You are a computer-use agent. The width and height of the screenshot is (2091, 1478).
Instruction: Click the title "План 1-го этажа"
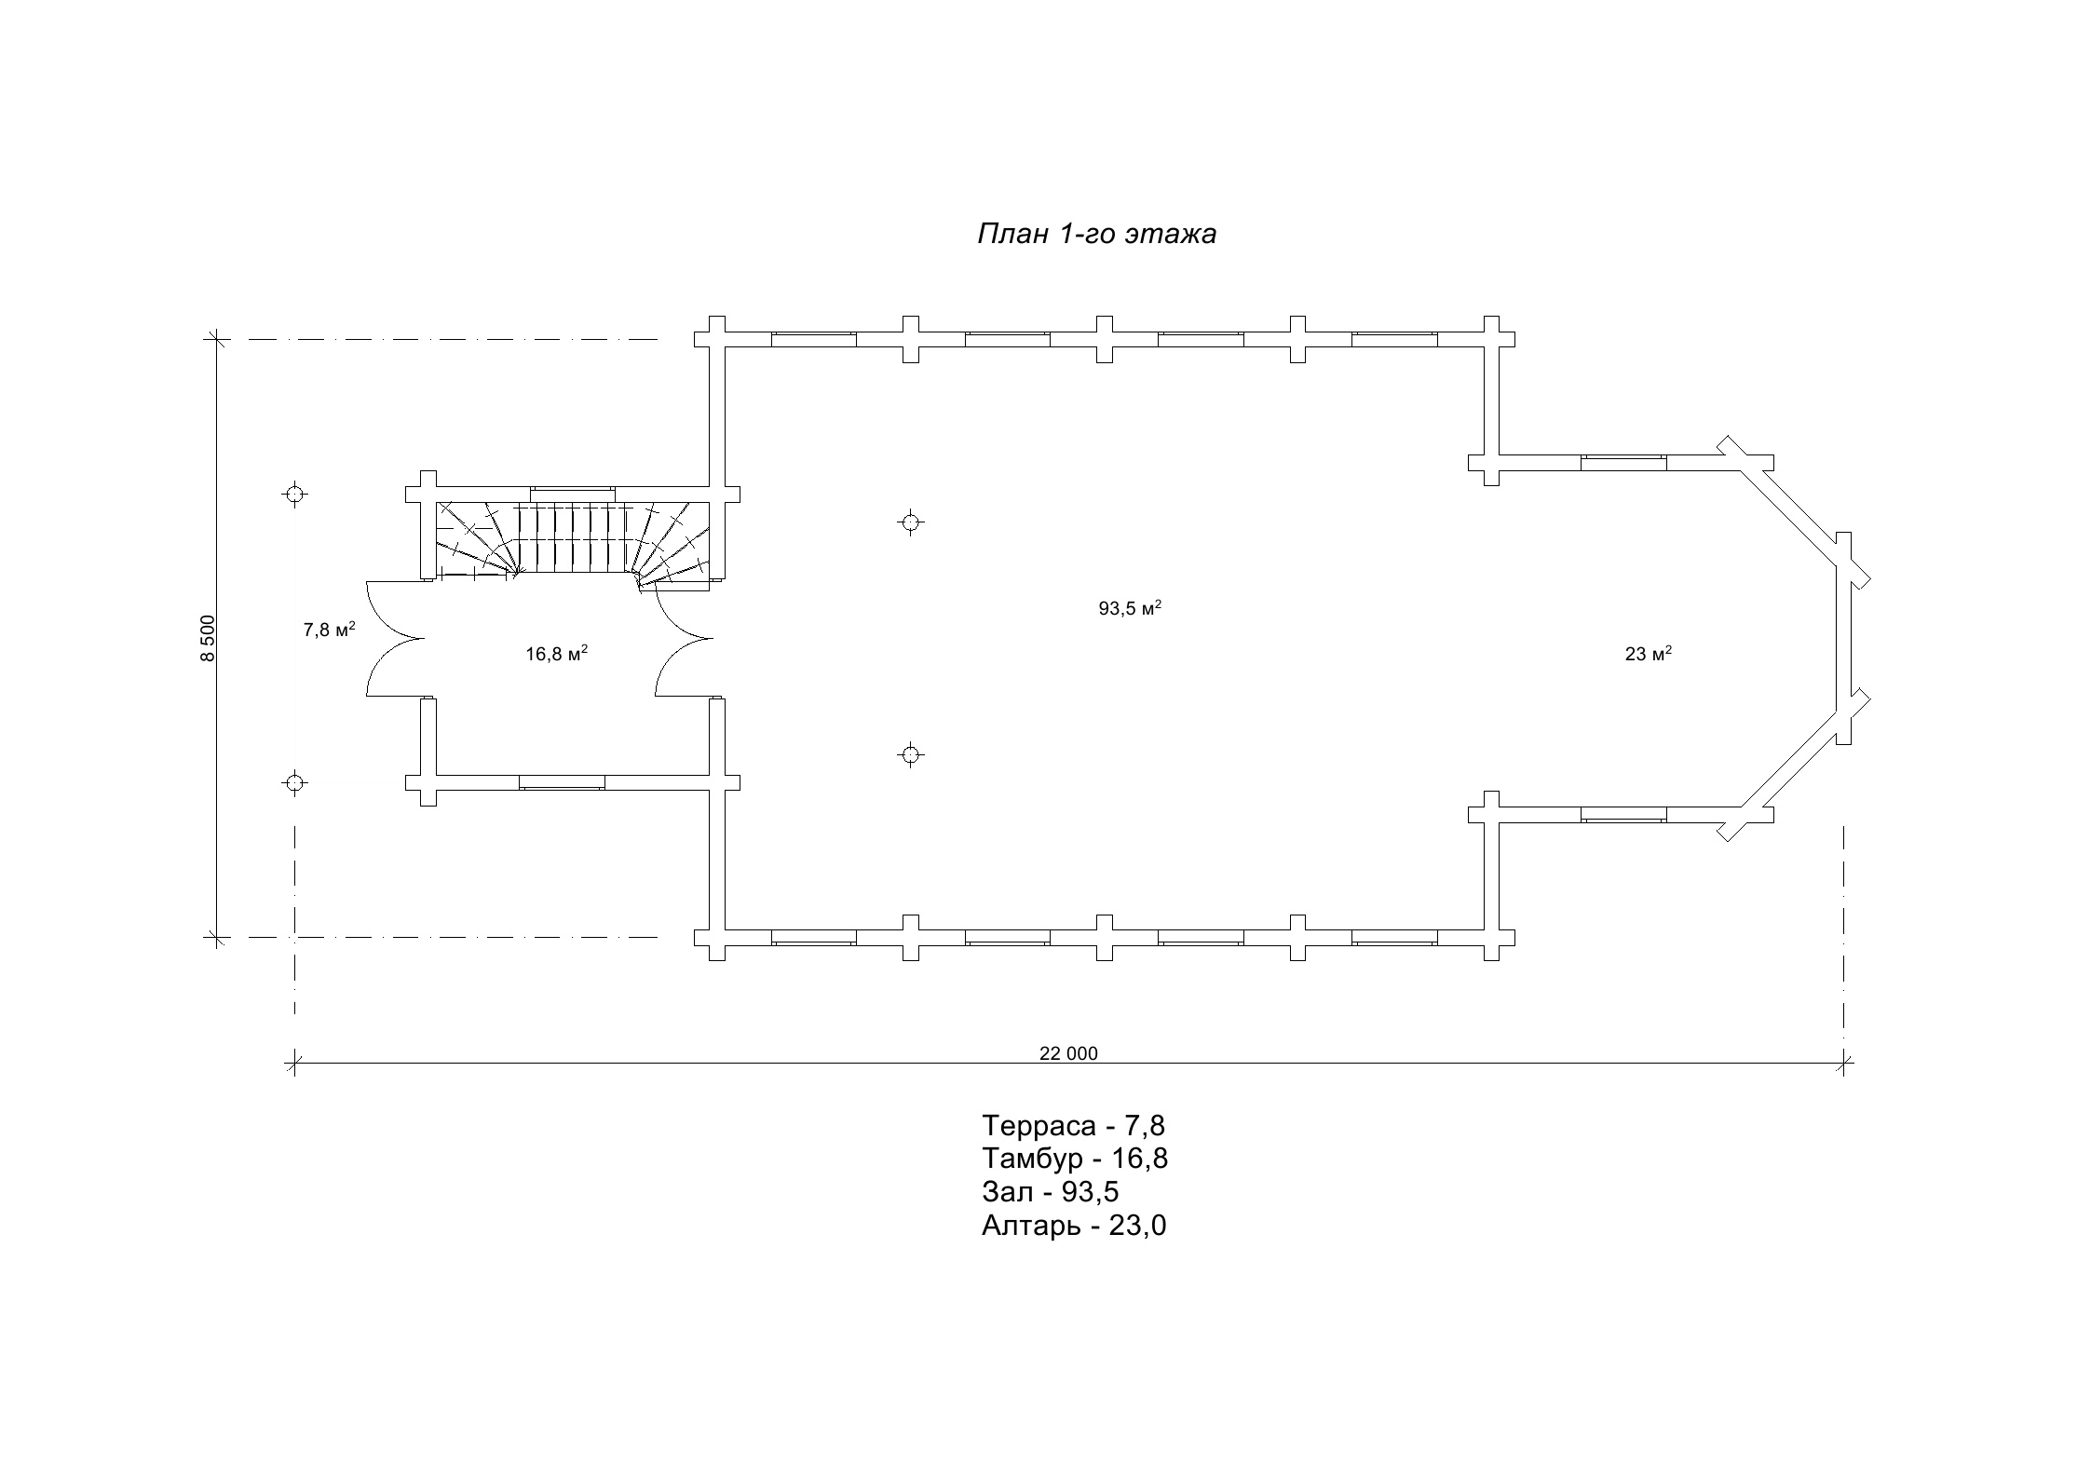pos(1096,234)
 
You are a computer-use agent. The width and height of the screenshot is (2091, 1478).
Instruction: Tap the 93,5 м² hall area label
pos(1129,609)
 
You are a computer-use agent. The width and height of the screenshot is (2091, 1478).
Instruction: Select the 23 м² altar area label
pos(1648,654)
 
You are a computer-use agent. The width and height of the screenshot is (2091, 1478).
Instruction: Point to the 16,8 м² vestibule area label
pos(556,654)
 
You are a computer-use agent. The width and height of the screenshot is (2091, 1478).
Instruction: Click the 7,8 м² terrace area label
pos(329,630)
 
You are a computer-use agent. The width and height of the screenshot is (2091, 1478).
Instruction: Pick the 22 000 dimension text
pos(1068,1053)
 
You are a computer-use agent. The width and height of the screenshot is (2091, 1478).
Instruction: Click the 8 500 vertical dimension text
pos(208,638)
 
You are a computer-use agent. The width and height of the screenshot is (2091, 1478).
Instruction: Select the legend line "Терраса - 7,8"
pos(1073,1126)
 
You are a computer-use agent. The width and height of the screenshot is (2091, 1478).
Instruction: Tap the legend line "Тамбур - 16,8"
pos(1074,1159)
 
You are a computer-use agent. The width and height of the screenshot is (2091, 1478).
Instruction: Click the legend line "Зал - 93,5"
pos(1050,1191)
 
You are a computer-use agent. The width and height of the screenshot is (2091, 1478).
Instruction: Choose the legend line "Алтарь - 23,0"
pos(1073,1225)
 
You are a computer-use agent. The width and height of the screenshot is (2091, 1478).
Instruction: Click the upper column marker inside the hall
pos(911,522)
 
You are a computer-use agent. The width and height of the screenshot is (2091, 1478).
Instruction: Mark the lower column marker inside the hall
pos(911,754)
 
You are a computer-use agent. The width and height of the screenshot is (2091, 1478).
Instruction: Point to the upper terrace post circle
pos(294,494)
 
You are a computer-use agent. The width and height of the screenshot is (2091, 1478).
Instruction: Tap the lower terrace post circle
pos(294,782)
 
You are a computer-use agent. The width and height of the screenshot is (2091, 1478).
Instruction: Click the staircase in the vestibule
pos(572,538)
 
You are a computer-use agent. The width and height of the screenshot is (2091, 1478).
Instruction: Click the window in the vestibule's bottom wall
pos(562,782)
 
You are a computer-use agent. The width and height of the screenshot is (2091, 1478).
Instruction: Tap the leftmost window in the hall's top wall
pos(813,339)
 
